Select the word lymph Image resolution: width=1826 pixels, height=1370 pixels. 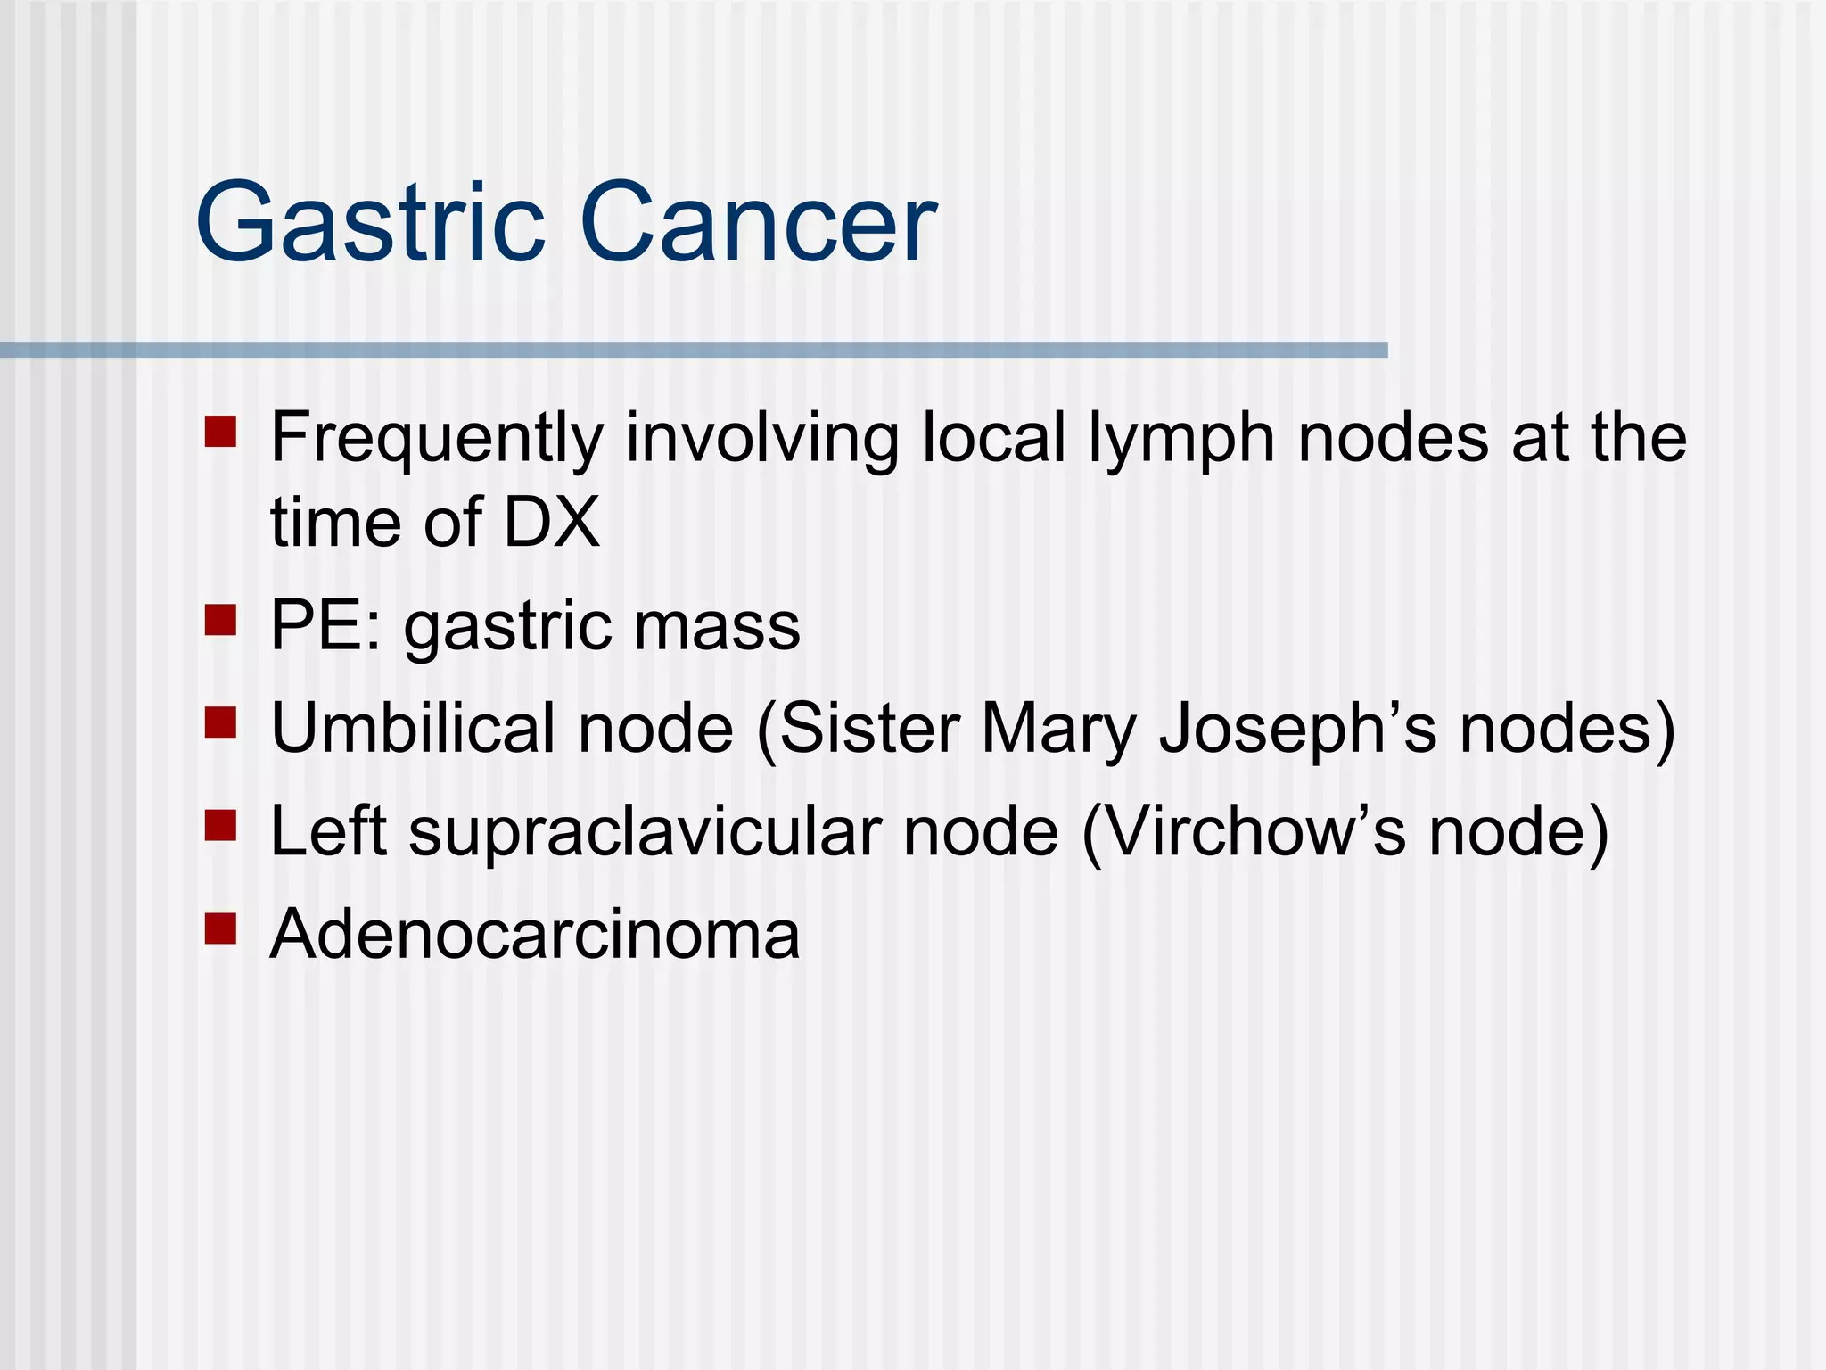[1180, 439]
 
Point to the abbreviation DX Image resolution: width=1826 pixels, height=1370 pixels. [551, 523]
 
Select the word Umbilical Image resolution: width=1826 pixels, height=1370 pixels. [412, 729]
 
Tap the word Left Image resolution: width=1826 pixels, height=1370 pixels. [328, 831]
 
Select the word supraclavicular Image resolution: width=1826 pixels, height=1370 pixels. [645, 831]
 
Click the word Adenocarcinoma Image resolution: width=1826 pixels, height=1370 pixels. [535, 935]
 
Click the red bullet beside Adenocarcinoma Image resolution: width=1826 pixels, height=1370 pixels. [220, 928]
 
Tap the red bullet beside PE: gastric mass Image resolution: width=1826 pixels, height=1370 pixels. [220, 620]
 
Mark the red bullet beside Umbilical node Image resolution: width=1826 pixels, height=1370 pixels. [220, 722]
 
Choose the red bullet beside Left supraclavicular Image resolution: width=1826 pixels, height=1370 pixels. [220, 825]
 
